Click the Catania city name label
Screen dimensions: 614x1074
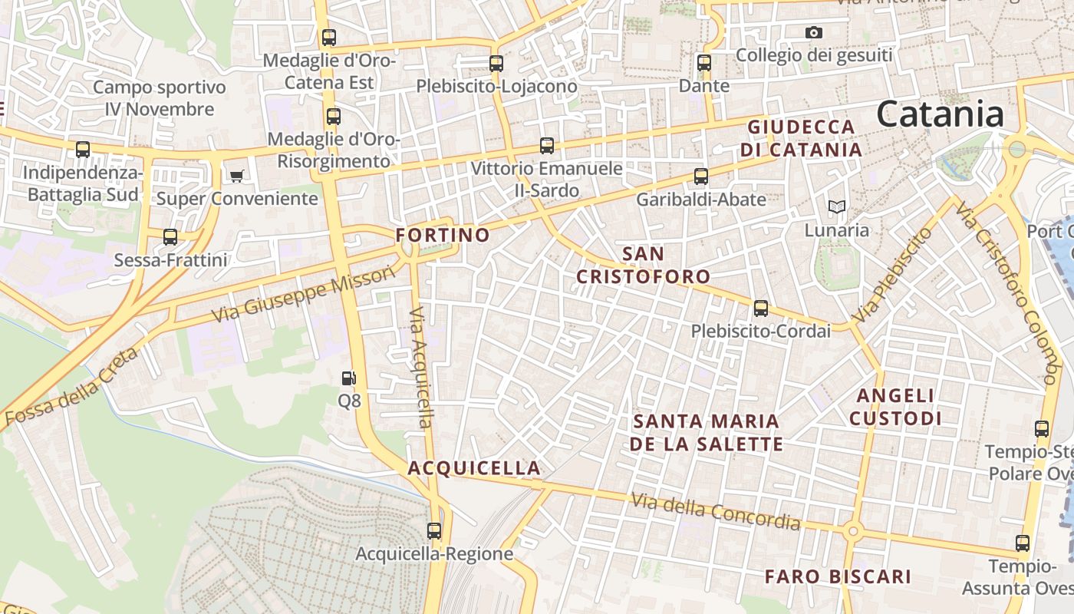point(940,114)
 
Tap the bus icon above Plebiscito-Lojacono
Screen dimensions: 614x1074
point(496,64)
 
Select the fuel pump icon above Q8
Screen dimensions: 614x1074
point(349,378)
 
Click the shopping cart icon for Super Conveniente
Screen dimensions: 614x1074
point(236,177)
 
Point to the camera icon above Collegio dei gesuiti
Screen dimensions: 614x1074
point(814,33)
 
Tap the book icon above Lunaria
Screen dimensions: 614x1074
point(836,207)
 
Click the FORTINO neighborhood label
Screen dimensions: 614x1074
point(443,235)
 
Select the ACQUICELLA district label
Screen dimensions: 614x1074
point(474,468)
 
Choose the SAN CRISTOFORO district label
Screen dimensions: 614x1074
point(643,265)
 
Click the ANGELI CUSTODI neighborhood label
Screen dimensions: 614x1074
point(895,407)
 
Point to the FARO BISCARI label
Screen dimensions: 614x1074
point(838,576)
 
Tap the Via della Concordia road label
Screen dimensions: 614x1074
point(716,512)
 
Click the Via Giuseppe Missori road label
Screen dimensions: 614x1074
point(304,294)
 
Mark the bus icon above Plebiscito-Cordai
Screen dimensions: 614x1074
point(760,309)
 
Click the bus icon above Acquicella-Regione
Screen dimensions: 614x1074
point(434,530)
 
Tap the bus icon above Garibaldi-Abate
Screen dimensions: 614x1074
point(700,177)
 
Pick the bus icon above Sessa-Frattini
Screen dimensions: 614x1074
point(170,237)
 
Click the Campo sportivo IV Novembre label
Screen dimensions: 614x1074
point(160,98)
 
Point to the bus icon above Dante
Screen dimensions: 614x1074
point(704,63)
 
